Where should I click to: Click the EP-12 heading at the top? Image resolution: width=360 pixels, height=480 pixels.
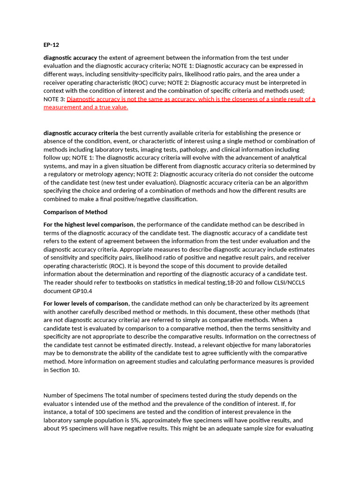coord(51,45)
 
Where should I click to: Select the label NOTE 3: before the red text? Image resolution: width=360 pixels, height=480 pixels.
coord(54,99)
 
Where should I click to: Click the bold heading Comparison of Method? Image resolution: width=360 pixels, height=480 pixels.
coord(75,212)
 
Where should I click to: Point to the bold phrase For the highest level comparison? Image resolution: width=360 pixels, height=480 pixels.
coord(89,225)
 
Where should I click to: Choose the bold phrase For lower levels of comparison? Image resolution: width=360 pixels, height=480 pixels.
coord(86,303)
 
